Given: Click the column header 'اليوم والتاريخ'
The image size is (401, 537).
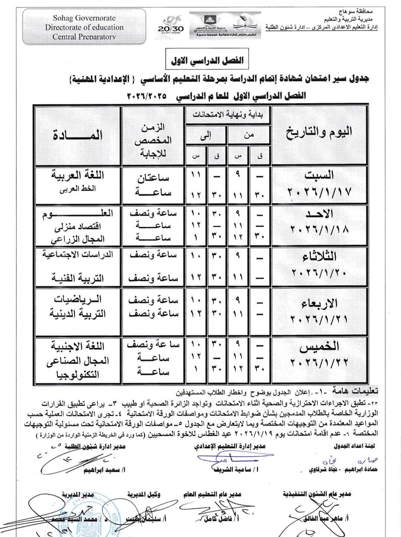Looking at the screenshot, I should (x=319, y=132).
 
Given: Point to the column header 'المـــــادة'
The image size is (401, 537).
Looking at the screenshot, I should (x=78, y=135).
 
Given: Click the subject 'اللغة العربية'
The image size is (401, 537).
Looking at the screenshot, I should (x=78, y=175).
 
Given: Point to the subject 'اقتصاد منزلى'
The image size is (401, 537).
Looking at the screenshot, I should (x=78, y=226).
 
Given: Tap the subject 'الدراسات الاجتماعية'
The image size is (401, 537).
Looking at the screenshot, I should (x=78, y=255).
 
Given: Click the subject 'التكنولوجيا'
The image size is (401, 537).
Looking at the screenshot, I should (x=78, y=374).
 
